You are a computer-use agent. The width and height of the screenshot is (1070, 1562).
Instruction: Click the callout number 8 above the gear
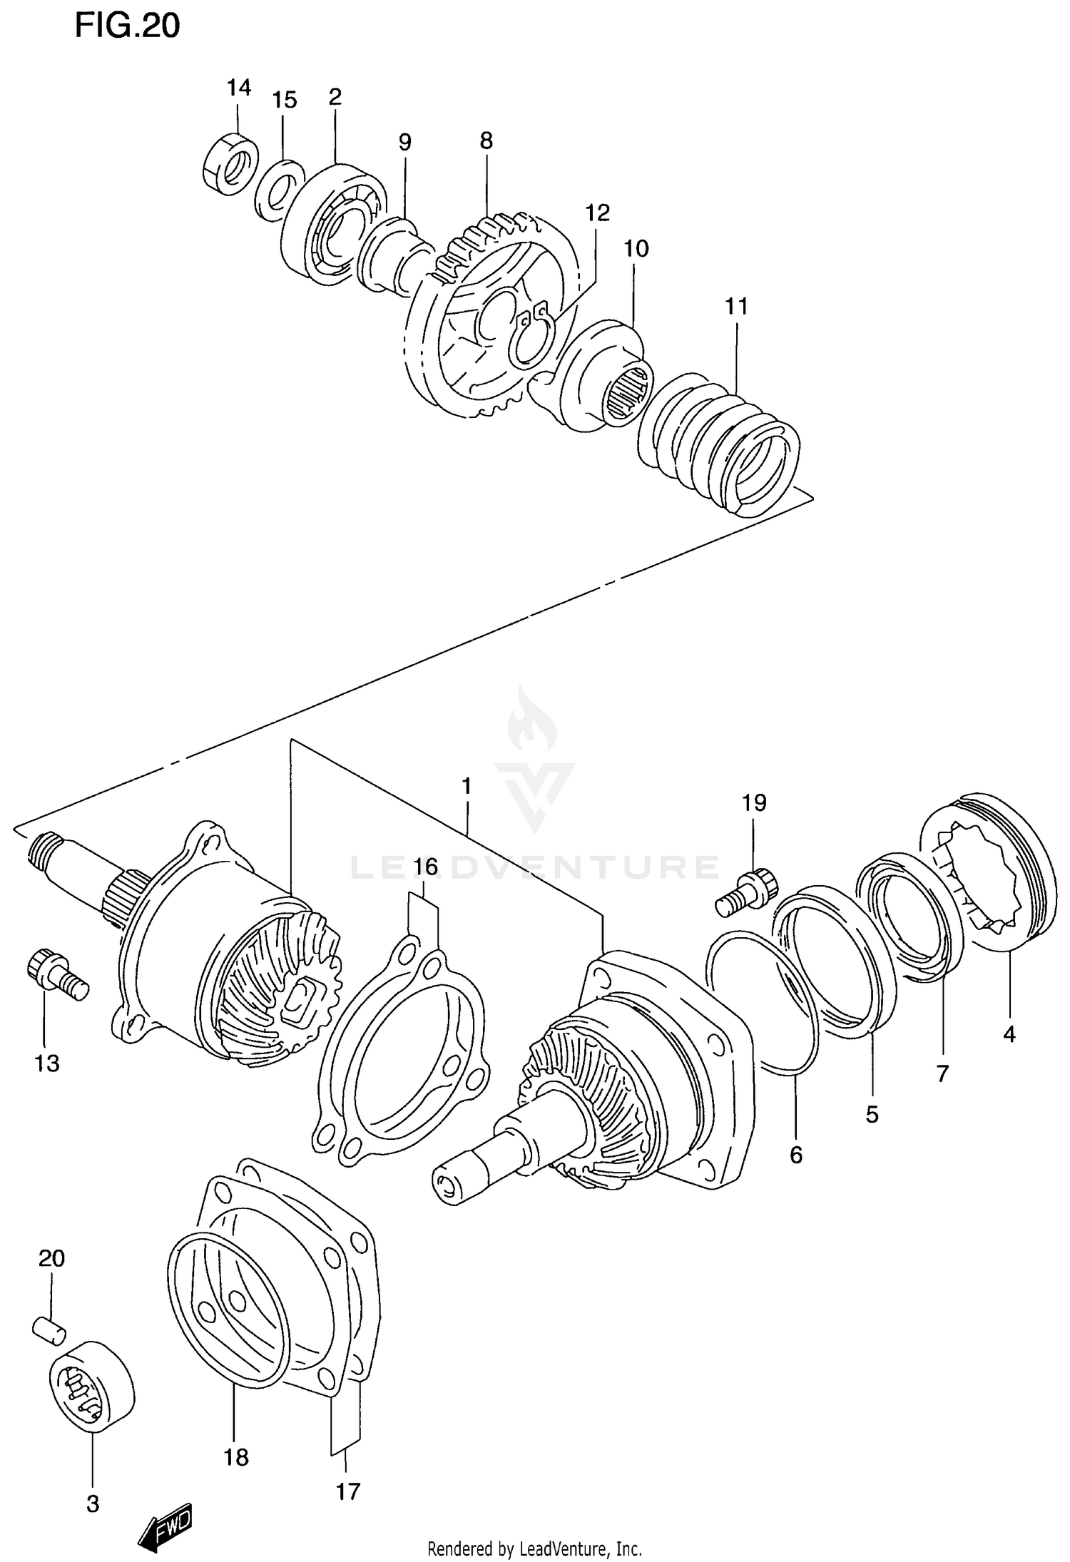pyautogui.click(x=486, y=141)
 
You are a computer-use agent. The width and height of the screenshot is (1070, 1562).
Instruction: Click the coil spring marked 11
pyautogui.click(x=720, y=442)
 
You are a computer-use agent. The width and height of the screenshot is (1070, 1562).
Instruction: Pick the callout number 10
pyautogui.click(x=636, y=249)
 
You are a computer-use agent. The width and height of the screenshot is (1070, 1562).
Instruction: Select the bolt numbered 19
pyautogui.click(x=742, y=892)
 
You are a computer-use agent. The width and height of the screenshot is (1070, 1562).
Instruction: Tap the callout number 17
pyautogui.click(x=348, y=1490)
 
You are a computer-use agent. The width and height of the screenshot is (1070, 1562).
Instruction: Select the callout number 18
pyautogui.click(x=236, y=1457)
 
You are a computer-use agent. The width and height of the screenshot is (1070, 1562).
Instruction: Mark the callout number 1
pyautogui.click(x=467, y=787)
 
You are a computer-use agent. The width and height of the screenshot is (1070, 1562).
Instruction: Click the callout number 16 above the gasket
pyautogui.click(x=425, y=867)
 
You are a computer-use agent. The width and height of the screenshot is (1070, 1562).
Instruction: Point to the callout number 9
pyautogui.click(x=404, y=142)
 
